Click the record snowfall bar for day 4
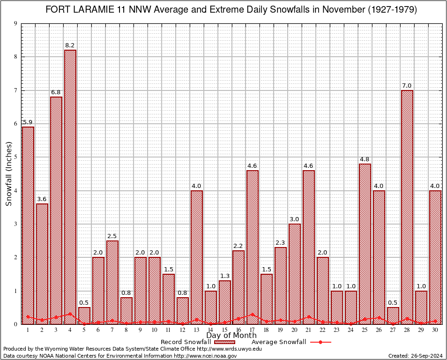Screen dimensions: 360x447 tap(70, 187)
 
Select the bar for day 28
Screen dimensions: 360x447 tap(407, 206)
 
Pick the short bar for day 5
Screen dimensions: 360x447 tap(84, 315)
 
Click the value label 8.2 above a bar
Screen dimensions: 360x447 tap(70, 45)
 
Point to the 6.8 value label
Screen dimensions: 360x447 tap(56, 92)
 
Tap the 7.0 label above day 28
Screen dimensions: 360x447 tap(407, 86)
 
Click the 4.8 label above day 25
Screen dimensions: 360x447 tap(365, 159)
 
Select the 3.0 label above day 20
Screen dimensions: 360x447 tap(295, 219)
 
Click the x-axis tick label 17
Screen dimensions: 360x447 tap(253, 330)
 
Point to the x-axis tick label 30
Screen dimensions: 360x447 tap(435, 330)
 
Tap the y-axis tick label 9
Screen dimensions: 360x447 tap(15, 23)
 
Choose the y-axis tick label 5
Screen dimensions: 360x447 tap(15, 157)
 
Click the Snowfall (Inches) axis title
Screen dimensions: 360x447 tap(8, 174)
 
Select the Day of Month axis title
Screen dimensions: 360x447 tap(231, 336)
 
